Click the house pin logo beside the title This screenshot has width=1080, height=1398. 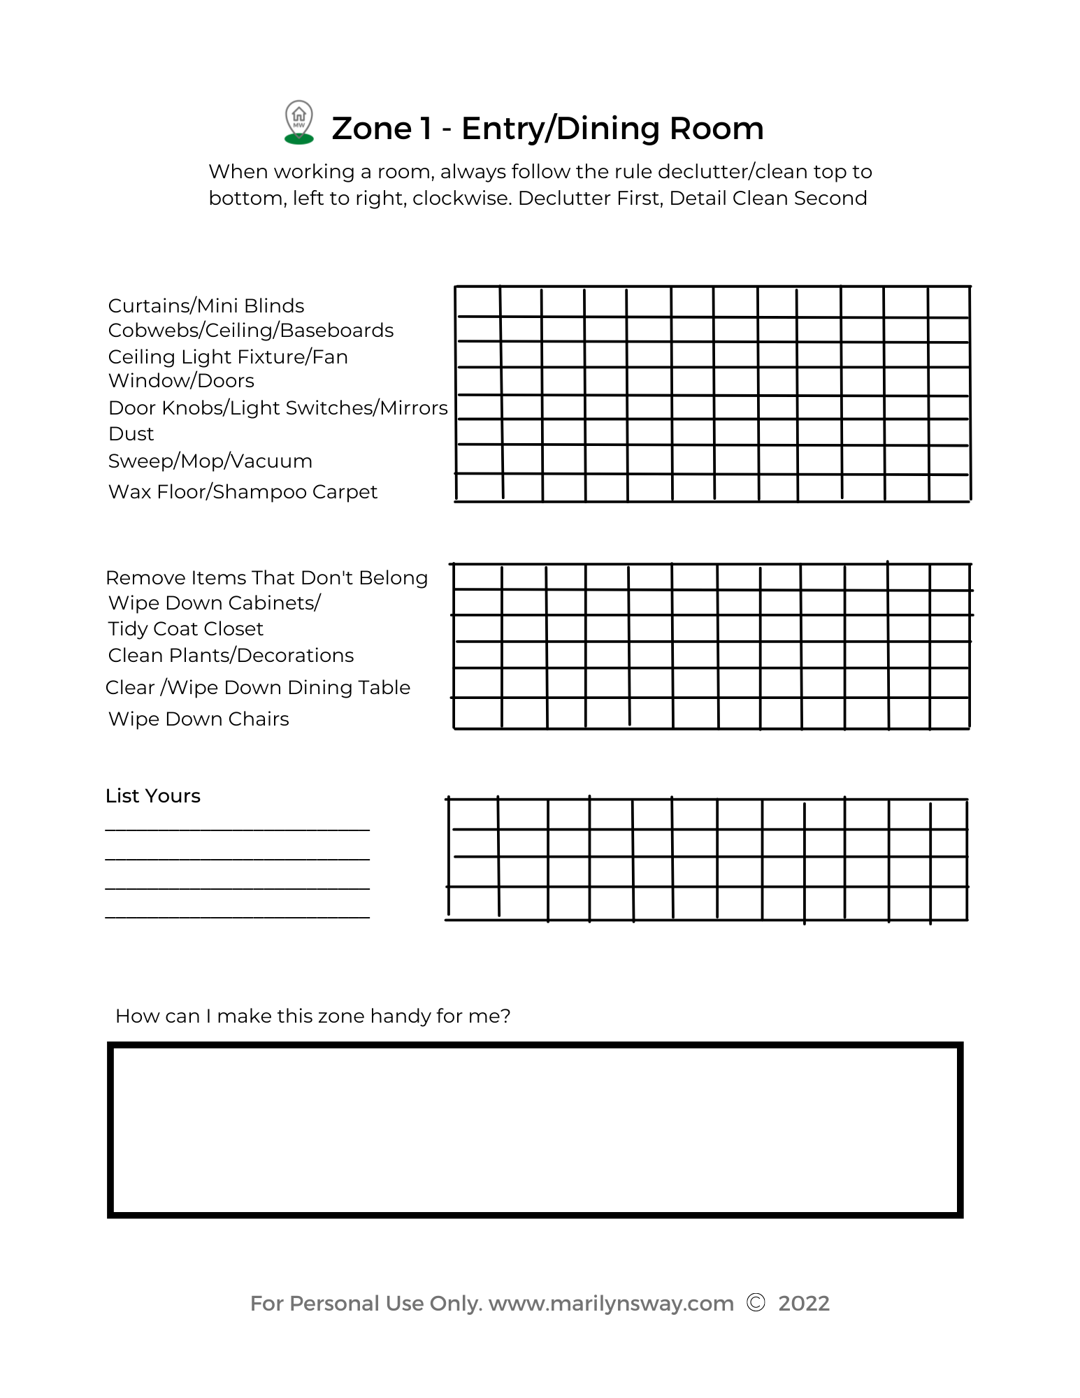[x=299, y=122]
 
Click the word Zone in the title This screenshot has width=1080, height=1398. [x=372, y=129]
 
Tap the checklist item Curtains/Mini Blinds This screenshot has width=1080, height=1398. [x=206, y=306]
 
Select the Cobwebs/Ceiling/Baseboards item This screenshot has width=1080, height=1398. [x=251, y=331]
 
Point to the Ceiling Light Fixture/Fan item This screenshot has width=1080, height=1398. [x=228, y=357]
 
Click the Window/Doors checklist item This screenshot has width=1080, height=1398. [x=181, y=381]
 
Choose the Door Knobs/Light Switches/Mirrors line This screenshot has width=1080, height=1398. [x=278, y=408]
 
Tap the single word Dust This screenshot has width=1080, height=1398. [x=131, y=434]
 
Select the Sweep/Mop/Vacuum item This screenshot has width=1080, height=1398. [x=210, y=461]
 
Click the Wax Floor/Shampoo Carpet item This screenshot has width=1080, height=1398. [x=243, y=492]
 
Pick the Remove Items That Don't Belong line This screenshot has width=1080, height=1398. [x=266, y=578]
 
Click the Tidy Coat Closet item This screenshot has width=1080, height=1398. [x=186, y=629]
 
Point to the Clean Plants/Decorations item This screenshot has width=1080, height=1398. [x=231, y=656]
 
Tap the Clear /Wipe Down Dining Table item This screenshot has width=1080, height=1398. [x=257, y=688]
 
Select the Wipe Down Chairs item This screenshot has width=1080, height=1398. [x=199, y=719]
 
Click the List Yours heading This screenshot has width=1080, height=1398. [x=153, y=796]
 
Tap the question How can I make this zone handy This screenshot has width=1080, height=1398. [x=312, y=1016]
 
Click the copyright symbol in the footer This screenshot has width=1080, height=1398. [x=756, y=1303]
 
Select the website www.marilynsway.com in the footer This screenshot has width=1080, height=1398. [x=611, y=1304]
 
